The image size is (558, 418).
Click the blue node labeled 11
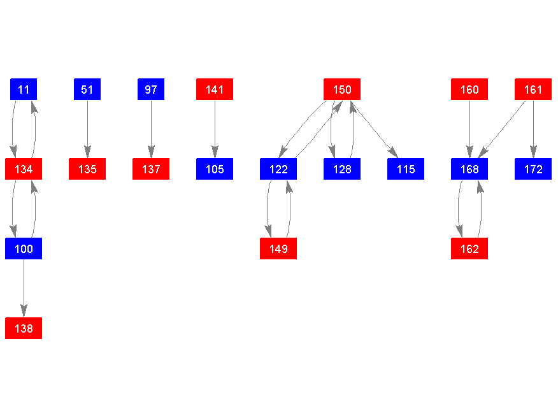[x=24, y=89]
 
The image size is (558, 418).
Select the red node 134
[x=24, y=169]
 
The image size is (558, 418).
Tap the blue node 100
[x=24, y=249]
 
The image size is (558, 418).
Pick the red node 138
[x=24, y=328]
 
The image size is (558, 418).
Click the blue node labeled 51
[x=87, y=89]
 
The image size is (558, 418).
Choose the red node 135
[x=87, y=169]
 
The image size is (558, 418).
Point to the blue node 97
[x=151, y=89]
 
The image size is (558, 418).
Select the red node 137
[x=151, y=169]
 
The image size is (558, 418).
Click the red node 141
[x=215, y=89]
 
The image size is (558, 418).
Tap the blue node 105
[x=215, y=169]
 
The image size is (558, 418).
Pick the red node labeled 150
[x=342, y=89]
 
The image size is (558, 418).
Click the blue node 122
[x=278, y=169]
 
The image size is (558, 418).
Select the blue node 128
[x=342, y=169]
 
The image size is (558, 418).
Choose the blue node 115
[x=406, y=169]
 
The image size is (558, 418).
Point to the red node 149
[x=278, y=249]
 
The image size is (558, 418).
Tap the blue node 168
[x=469, y=169]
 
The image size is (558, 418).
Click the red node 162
[x=469, y=249]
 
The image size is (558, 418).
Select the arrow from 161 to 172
[x=533, y=129]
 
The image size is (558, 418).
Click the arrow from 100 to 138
[x=24, y=289]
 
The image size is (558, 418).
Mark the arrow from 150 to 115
[x=375, y=129]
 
